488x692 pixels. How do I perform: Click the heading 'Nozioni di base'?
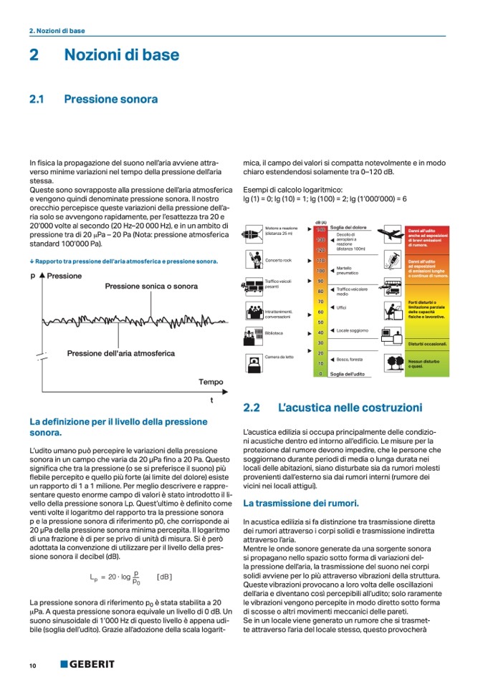pyautogui.click(x=122, y=54)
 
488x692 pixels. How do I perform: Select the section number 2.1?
pyautogui.click(x=37, y=100)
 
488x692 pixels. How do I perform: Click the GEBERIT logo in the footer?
pyautogui.click(x=87, y=665)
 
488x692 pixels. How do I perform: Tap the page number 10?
pyautogui.click(x=32, y=665)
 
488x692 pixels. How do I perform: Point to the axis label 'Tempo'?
pyautogui.click(x=211, y=382)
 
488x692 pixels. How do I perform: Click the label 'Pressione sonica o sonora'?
pyautogui.click(x=151, y=286)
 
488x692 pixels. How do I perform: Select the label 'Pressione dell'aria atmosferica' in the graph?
pyautogui.click(x=120, y=353)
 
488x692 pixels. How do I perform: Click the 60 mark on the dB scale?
pyautogui.click(x=321, y=312)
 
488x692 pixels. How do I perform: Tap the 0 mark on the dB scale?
pyautogui.click(x=321, y=374)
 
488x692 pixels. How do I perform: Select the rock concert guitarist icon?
pyautogui.click(x=253, y=260)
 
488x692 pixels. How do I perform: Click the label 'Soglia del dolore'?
pyautogui.click(x=348, y=228)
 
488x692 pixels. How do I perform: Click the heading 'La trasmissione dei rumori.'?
pyautogui.click(x=301, y=504)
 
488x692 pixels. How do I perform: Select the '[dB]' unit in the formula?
pyautogui.click(x=164, y=577)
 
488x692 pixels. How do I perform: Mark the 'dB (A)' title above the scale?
pyautogui.click(x=321, y=222)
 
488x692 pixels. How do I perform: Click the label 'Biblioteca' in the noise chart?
pyautogui.click(x=274, y=333)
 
